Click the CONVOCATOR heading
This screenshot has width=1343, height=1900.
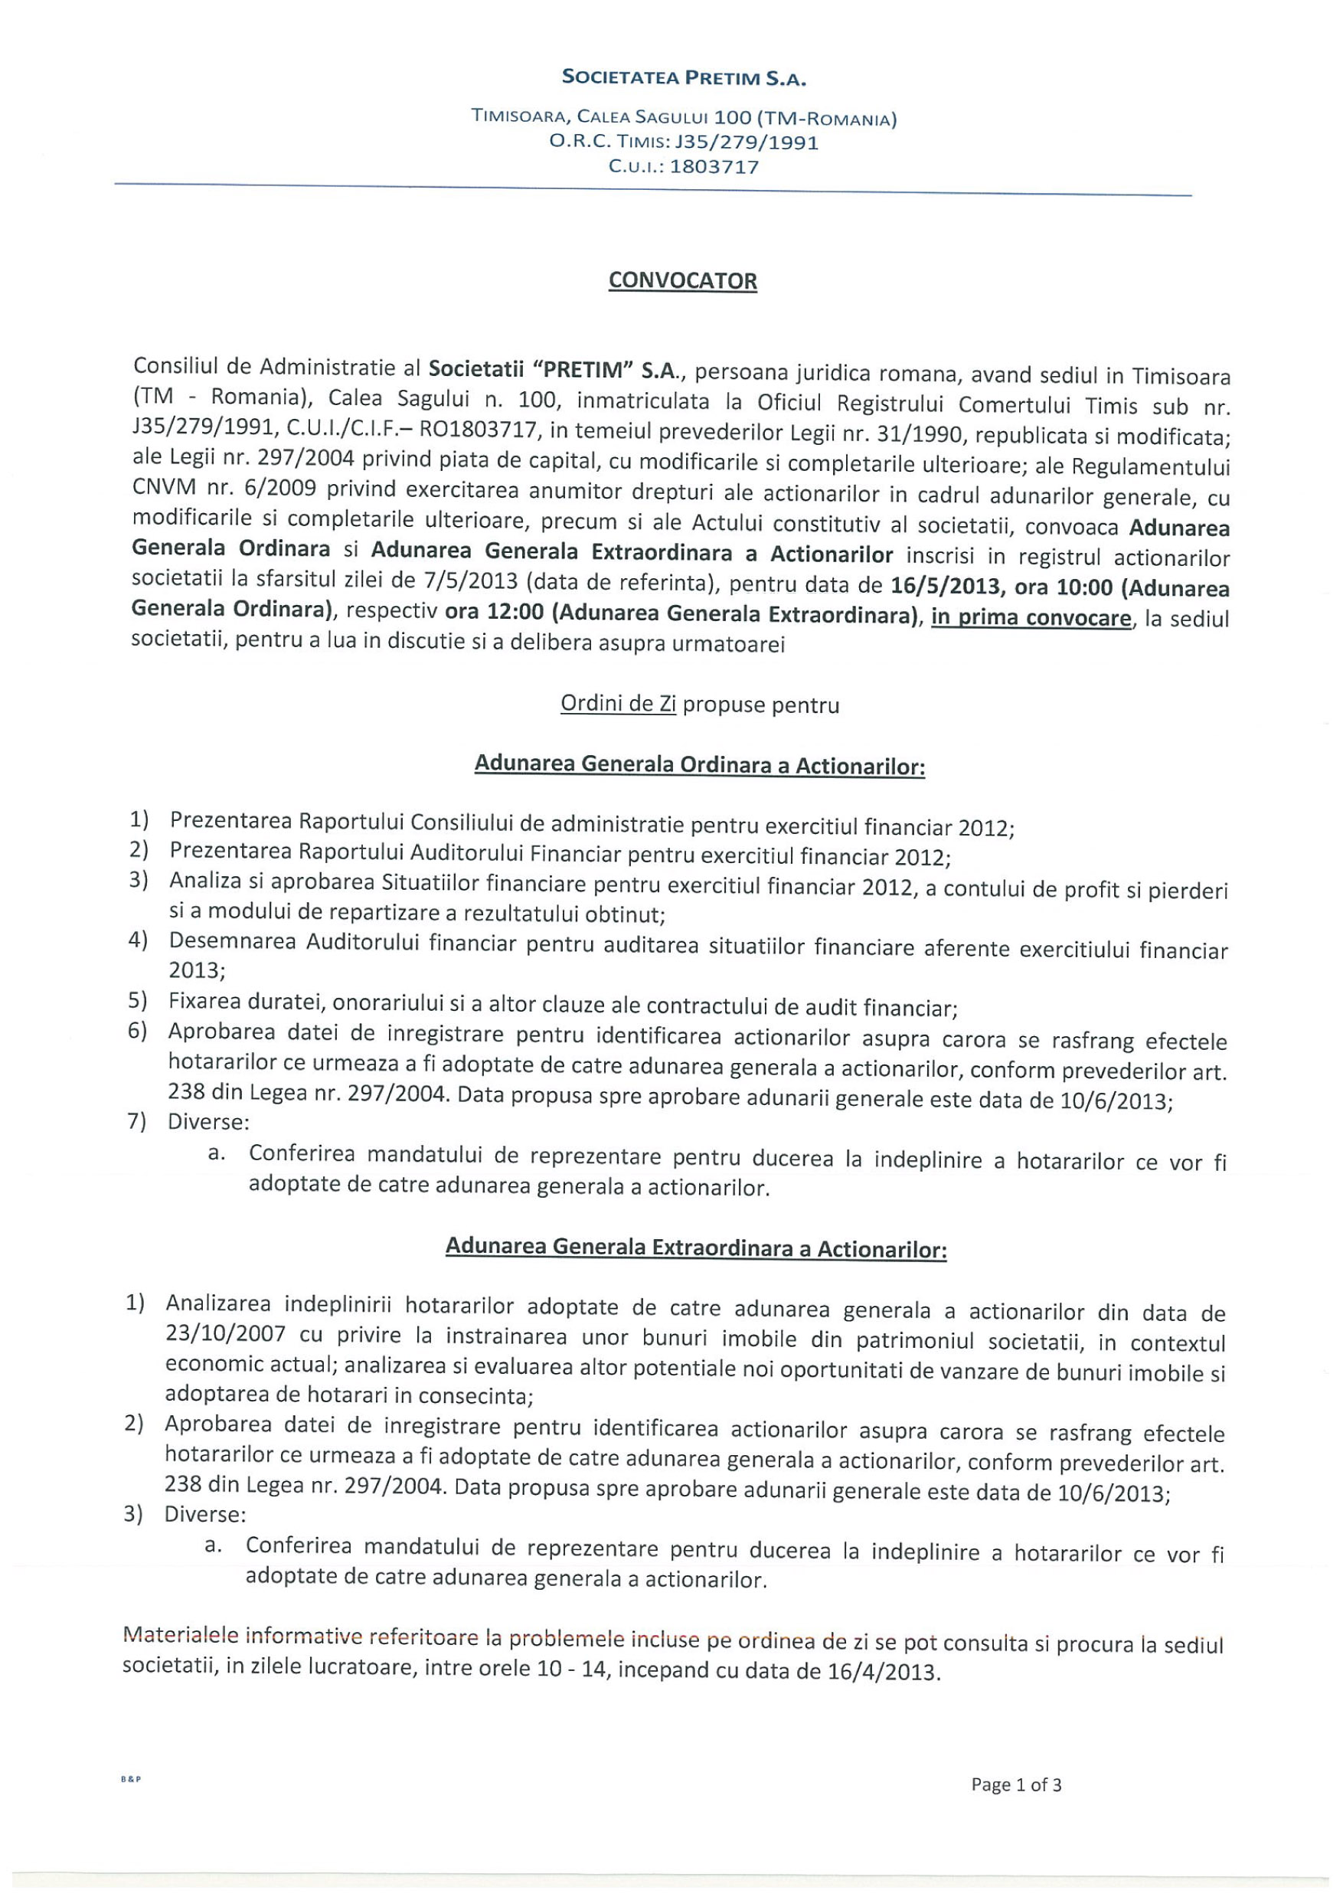(x=682, y=281)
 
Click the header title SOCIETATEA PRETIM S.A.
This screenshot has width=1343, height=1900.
(x=684, y=79)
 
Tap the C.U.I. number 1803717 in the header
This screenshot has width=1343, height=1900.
(x=714, y=166)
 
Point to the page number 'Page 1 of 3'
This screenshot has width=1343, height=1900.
(x=1016, y=1784)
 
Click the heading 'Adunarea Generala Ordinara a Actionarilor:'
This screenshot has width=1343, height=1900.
(x=699, y=764)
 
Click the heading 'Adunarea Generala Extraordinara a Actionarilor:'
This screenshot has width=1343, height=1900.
(x=695, y=1247)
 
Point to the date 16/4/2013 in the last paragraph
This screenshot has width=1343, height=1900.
(x=882, y=1672)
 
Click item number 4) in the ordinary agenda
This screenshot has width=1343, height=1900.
(x=137, y=940)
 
